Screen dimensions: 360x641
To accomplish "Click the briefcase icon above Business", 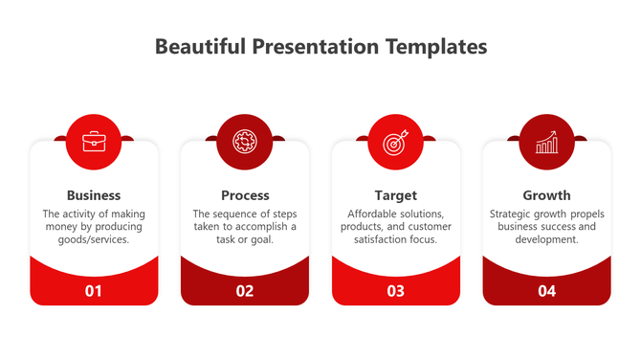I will click(x=94, y=143).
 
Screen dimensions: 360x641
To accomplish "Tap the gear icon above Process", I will click(x=245, y=143).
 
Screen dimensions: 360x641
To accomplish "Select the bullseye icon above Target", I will click(x=395, y=143).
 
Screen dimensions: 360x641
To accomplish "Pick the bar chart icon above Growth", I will click(x=546, y=143).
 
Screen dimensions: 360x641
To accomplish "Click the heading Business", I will click(x=94, y=195).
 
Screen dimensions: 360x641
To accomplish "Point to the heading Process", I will click(x=245, y=195).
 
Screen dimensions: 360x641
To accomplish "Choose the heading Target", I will click(x=395, y=195).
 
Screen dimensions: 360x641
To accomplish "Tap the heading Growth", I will click(x=546, y=195).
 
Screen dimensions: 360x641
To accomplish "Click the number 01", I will click(x=94, y=291).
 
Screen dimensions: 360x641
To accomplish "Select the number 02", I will click(x=245, y=291).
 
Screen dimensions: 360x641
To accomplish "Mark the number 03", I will click(x=395, y=291).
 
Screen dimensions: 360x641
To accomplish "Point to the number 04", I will click(x=546, y=291).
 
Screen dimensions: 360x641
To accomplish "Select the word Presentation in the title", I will click(x=314, y=46).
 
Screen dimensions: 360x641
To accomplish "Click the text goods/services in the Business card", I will click(x=94, y=240).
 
